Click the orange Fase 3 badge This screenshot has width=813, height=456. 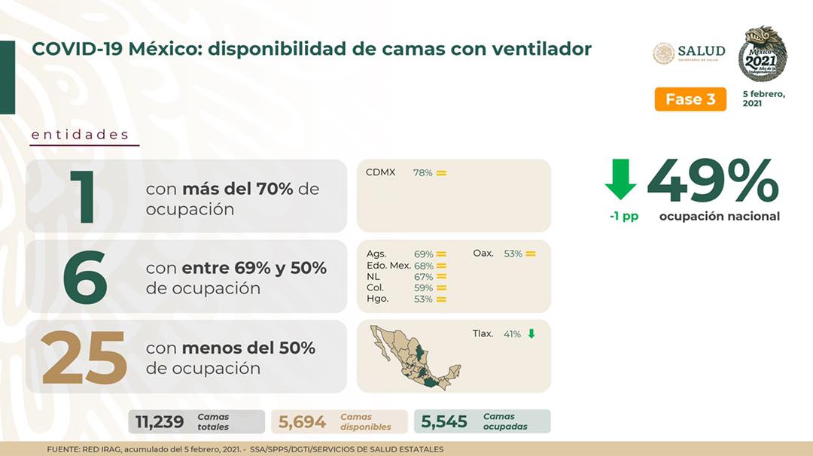click(690, 99)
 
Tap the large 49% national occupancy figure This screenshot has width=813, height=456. click(713, 181)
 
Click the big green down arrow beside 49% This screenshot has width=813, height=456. click(620, 179)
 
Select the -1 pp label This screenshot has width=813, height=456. click(624, 216)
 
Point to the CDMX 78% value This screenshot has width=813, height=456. click(422, 173)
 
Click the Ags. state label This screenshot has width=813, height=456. click(376, 254)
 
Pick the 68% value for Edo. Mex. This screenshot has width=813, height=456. click(424, 266)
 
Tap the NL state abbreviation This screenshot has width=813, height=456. click(373, 277)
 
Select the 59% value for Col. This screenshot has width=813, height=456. click(424, 288)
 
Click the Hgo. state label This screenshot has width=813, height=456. click(377, 299)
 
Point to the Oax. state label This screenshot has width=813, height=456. click(483, 254)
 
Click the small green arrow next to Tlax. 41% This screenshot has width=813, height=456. click(531, 333)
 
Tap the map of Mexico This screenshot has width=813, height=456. click(415, 357)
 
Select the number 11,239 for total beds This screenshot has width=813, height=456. click(160, 422)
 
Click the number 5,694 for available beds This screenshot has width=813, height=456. click(303, 422)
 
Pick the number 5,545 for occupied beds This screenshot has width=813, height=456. click(444, 422)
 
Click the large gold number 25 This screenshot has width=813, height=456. click(84, 358)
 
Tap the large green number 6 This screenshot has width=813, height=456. click(85, 277)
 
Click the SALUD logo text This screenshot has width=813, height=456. click(702, 51)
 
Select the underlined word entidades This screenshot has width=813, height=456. click(81, 135)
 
